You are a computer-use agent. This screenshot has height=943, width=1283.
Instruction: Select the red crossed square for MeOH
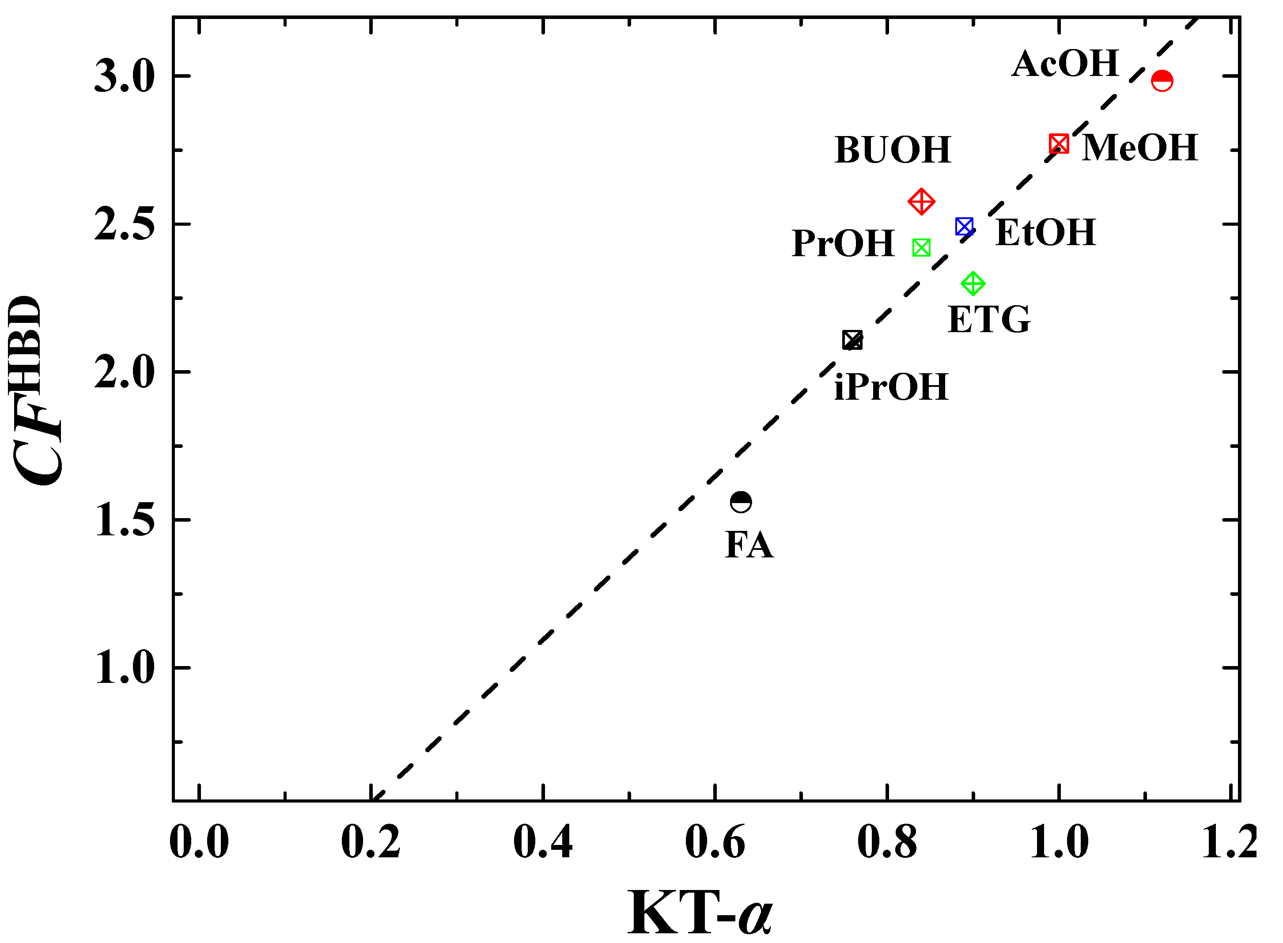click(1059, 144)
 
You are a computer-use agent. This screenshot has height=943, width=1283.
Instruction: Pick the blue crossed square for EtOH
click(964, 227)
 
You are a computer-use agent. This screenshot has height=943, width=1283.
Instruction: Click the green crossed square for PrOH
click(921, 248)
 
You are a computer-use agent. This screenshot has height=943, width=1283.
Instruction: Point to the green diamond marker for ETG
click(973, 284)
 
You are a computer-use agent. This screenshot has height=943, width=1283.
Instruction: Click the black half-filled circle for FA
click(741, 502)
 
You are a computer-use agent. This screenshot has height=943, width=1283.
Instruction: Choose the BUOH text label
click(893, 150)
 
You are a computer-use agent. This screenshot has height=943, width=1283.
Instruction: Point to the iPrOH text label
click(891, 388)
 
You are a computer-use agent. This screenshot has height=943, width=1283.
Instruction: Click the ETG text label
click(989, 320)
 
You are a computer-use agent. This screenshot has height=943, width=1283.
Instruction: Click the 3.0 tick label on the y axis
click(125, 77)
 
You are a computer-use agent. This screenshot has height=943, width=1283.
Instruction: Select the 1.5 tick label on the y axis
click(125, 521)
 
